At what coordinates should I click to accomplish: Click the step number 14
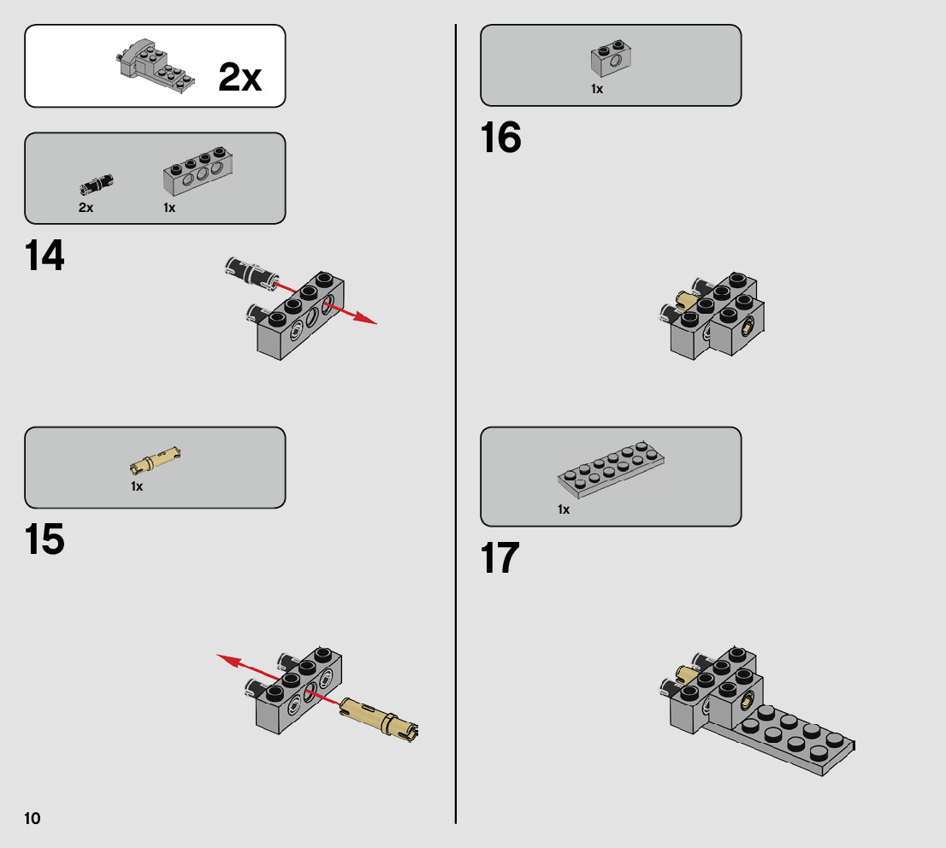pos(44,255)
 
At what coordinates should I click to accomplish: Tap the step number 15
pos(44,539)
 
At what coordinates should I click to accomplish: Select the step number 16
pos(500,137)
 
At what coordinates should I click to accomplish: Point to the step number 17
pos(500,557)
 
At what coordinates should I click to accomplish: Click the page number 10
pos(32,818)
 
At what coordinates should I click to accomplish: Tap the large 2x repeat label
pos(239,77)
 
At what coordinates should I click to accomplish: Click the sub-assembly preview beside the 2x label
pos(155,66)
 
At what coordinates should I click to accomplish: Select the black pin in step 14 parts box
pos(97,184)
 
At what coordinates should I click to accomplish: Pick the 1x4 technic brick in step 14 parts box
pos(198,171)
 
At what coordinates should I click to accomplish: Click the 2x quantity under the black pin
pos(86,208)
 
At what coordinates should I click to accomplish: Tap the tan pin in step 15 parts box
pos(156,460)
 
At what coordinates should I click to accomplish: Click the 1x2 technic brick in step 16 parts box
pos(612,58)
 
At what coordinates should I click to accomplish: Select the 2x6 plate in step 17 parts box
pos(611,470)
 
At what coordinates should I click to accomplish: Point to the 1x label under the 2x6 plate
pos(564,509)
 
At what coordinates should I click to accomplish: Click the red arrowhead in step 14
pos(365,318)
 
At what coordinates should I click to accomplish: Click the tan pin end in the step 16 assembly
pos(685,299)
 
